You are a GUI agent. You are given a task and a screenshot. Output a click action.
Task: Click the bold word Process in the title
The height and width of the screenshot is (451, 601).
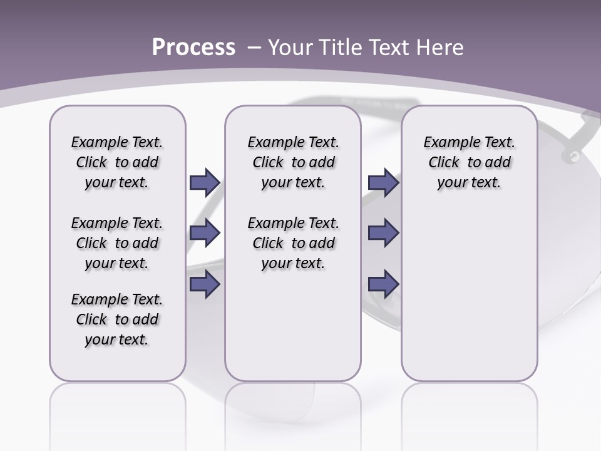pos(193,48)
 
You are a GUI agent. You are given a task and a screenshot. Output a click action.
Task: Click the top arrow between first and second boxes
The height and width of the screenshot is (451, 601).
pos(205,183)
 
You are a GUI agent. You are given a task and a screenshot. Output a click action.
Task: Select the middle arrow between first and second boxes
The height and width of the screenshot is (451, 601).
pos(205,233)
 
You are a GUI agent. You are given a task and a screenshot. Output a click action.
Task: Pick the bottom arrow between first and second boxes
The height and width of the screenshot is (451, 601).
pos(205,284)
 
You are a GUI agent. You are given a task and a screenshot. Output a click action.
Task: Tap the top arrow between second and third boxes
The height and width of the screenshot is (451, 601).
pos(383,183)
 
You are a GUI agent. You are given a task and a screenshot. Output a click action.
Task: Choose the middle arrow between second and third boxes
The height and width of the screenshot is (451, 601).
pos(383,233)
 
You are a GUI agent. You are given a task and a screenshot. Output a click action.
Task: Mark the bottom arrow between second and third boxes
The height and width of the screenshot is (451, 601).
pos(383,284)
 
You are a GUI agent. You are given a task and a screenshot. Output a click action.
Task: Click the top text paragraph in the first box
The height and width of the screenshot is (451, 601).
pos(117,162)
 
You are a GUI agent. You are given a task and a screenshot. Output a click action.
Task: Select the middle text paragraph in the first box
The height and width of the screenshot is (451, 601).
pos(117,243)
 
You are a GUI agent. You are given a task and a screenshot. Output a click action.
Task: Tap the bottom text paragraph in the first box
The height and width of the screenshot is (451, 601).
pos(117,319)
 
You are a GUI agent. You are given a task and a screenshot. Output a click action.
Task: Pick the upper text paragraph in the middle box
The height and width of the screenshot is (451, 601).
pos(293,162)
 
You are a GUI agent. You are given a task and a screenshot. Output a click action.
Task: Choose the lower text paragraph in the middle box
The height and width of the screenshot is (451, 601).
pos(293,243)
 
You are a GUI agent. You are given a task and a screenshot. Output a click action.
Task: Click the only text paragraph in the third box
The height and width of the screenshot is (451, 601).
pos(469,162)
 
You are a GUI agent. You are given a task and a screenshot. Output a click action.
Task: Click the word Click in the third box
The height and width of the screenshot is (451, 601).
pos(444,163)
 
